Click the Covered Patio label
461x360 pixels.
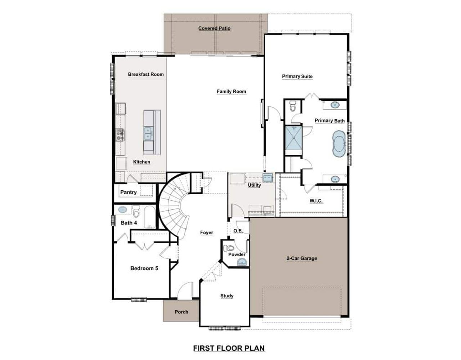(x=214, y=28)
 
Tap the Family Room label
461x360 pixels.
(x=231, y=92)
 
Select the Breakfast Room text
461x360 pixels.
(x=146, y=74)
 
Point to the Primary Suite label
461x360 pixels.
(x=297, y=76)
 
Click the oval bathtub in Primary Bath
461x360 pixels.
(x=339, y=144)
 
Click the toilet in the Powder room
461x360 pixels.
(x=229, y=248)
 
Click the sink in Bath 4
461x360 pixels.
(x=122, y=209)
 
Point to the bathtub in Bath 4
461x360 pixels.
(x=148, y=217)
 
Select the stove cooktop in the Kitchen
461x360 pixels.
(x=120, y=134)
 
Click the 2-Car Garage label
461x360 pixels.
(x=302, y=258)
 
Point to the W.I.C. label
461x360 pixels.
(x=316, y=201)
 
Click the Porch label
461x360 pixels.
(x=181, y=312)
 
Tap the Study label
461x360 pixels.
(x=227, y=296)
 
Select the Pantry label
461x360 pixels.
(x=128, y=192)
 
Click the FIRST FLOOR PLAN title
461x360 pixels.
(x=229, y=348)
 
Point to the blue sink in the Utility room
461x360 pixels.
(x=267, y=177)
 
